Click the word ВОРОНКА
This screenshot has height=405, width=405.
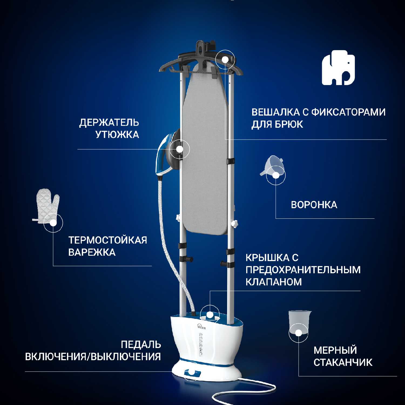coord(314,205)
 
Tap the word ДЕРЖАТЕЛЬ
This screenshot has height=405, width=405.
coord(109,123)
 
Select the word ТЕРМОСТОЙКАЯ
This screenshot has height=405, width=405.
coord(107,240)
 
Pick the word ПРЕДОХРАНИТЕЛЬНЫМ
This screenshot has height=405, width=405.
coord(303,270)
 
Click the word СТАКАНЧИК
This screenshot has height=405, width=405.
coord(343,362)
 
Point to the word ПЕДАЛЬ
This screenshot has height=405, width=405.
coord(141,345)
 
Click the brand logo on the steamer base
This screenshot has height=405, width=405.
coord(201,327)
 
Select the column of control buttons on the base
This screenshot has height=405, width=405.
coord(201,345)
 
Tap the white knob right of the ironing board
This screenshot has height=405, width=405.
coord(234,224)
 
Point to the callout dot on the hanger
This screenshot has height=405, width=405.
coord(225,59)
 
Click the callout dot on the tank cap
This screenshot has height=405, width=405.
coord(210,315)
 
